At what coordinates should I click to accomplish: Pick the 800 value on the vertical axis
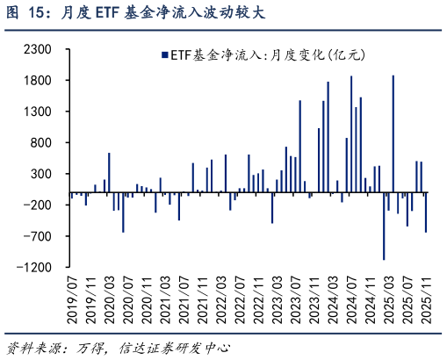51,143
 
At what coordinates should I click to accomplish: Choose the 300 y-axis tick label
51,174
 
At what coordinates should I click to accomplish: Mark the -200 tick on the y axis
49,205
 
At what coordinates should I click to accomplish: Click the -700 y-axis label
49,236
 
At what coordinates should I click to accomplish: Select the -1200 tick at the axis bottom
47,267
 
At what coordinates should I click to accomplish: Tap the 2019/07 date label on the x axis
73,297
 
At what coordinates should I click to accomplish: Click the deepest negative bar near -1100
384,226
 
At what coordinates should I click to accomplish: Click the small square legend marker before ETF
163,55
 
